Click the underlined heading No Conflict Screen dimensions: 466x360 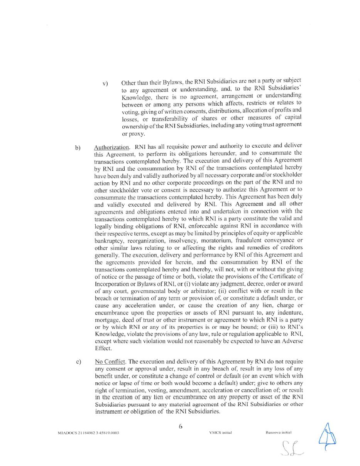click(110, 362)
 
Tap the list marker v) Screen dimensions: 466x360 click(105, 83)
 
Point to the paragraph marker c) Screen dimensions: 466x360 click(79, 362)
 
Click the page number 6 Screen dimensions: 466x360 click(180, 426)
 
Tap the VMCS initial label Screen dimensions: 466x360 click(220, 432)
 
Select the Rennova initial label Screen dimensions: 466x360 click(278, 432)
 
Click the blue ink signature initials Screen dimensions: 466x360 click(327, 437)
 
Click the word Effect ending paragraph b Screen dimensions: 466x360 click(103, 348)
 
